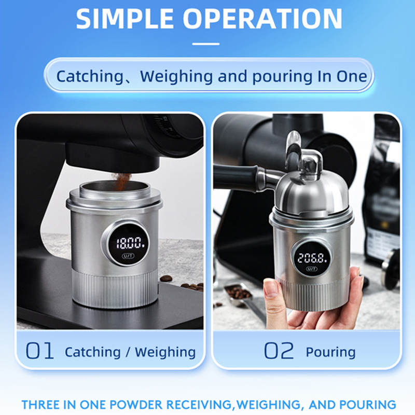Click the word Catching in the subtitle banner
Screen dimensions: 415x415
coord(90,77)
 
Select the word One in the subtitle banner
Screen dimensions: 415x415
coord(352,76)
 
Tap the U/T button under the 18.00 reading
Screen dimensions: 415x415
coord(128,256)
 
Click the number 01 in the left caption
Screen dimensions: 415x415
coord(40,351)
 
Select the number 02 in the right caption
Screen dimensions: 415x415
coord(279,351)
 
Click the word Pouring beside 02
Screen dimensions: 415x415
coord(330,352)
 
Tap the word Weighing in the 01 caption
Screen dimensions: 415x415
coord(165,352)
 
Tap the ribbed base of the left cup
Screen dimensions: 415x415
coord(115,288)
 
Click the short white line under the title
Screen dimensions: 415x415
coord(205,44)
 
